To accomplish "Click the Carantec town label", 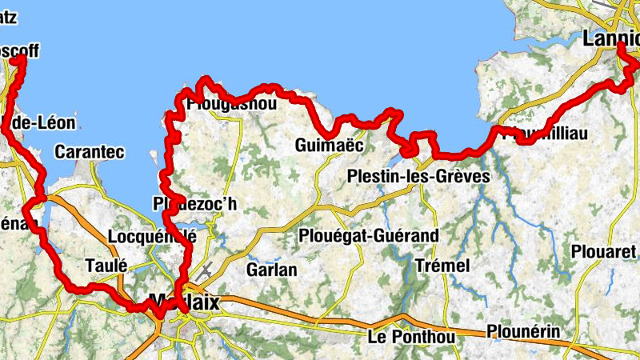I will pyautogui.click(x=87, y=151).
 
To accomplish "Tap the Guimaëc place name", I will pyautogui.click(x=329, y=146).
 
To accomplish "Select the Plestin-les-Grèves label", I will pyautogui.click(x=419, y=175).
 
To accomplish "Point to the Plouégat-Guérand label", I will pyautogui.click(x=369, y=236).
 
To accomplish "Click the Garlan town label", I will pyautogui.click(x=272, y=270).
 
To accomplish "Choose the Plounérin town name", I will pyautogui.click(x=523, y=331).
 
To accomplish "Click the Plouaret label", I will pyautogui.click(x=604, y=250).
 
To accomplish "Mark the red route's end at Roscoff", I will pyautogui.click(x=22, y=58).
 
